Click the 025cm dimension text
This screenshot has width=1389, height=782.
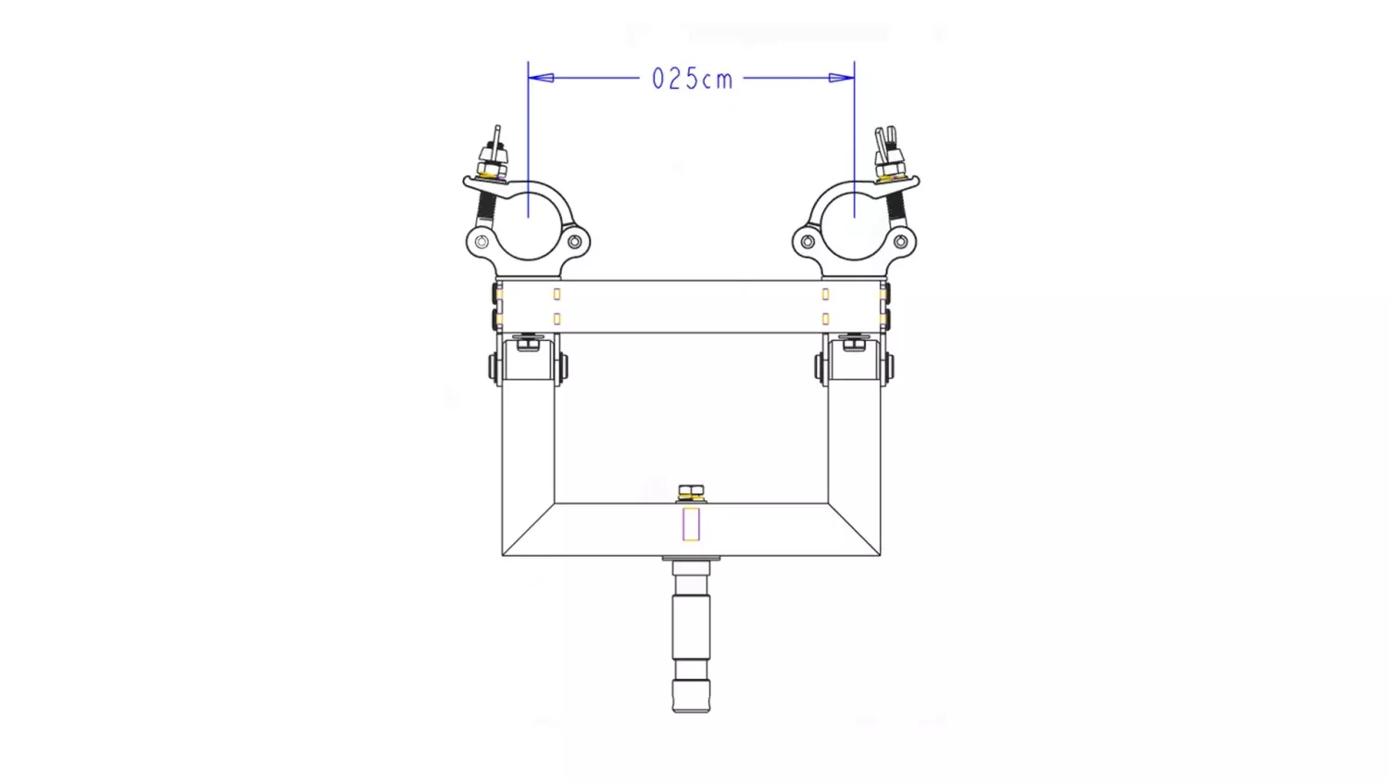click(692, 79)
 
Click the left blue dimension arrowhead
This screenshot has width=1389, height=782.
click(541, 78)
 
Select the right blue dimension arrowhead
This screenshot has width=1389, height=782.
click(842, 78)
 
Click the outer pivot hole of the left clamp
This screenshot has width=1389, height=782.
click(482, 242)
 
